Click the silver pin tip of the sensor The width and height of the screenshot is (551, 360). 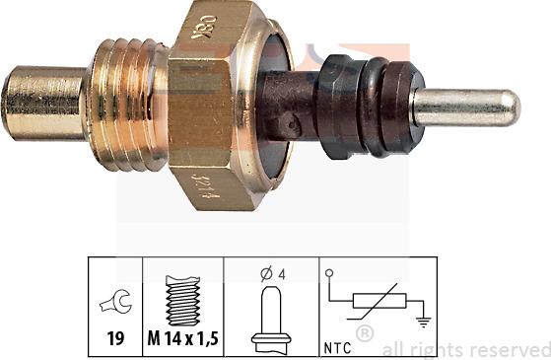[465, 106]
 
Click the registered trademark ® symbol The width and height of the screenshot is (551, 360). [366, 337]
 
